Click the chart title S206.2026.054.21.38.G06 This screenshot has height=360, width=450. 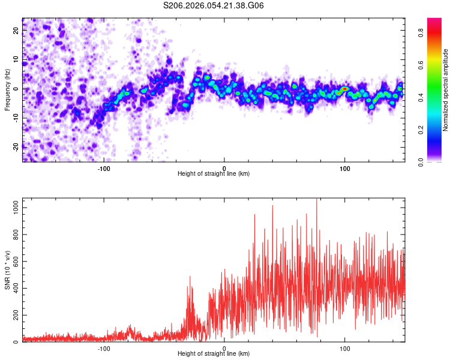(214, 5)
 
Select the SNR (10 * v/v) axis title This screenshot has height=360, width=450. (7, 270)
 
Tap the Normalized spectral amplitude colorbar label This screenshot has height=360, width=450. (446, 90)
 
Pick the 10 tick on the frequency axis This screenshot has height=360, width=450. (17, 59)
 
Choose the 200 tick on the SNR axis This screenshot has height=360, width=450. (14, 315)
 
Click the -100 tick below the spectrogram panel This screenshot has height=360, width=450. (104, 169)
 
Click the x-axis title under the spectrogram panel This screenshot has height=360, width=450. (214, 174)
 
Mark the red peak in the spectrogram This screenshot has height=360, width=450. (344, 89)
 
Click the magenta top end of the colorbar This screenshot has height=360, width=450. (434, 20)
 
